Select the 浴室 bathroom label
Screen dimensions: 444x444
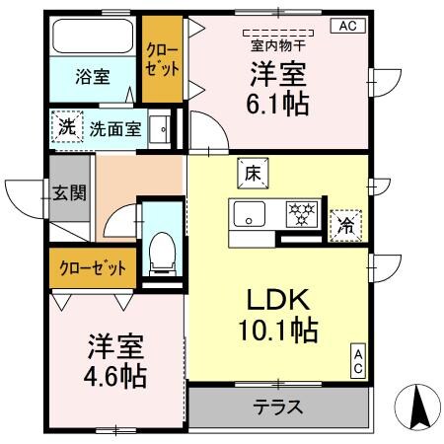94,76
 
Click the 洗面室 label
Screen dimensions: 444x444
115,127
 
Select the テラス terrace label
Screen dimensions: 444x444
277,407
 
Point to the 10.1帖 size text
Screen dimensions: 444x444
276,331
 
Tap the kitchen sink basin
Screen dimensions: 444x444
248,213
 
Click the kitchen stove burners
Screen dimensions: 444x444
299,211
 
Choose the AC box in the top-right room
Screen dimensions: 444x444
347,27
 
